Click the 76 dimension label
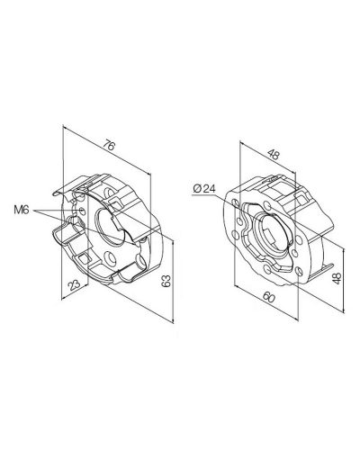coord(109,146)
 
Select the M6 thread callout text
coord(22,210)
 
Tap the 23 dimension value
coord(74,284)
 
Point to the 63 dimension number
coord(166,281)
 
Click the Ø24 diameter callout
coord(204,189)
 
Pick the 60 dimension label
coord(269,297)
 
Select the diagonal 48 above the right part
coord(274,154)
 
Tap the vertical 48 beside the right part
coord(337,278)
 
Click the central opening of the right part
coord(272,233)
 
